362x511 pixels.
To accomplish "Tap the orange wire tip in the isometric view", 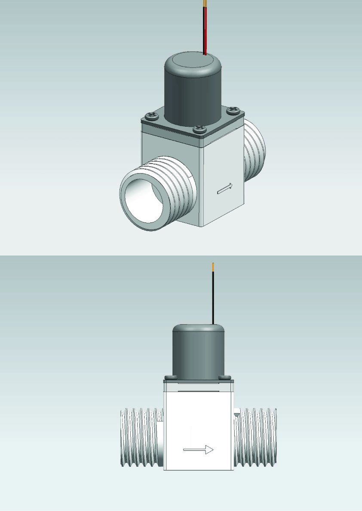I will (x=205, y=3).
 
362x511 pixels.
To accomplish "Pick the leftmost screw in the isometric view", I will (x=152, y=115).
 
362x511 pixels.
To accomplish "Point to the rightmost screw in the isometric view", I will (x=233, y=109).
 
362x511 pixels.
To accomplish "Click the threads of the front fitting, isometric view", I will (x=181, y=185).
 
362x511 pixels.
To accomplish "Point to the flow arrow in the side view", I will (x=199, y=450).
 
